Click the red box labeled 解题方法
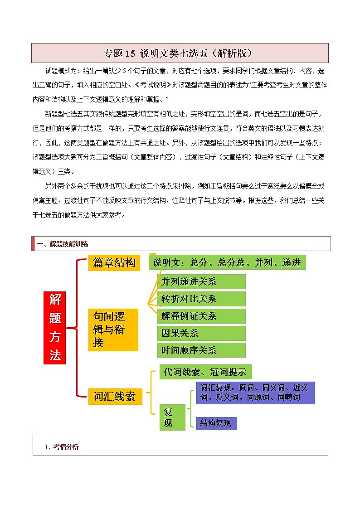tap(55, 327)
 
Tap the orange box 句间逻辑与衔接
tap(113, 330)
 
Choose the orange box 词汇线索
tap(115, 396)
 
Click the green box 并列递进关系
tap(201, 281)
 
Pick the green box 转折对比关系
tap(201, 299)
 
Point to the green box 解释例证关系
tap(201, 316)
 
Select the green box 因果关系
tap(201, 333)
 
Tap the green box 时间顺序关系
tap(201, 350)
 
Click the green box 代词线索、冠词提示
tap(205, 372)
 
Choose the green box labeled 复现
tap(172, 417)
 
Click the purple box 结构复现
tap(216, 423)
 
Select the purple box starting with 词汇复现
tap(255, 393)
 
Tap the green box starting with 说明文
tap(227, 262)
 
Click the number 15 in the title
tap(130, 53)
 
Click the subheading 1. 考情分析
tap(62, 447)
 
